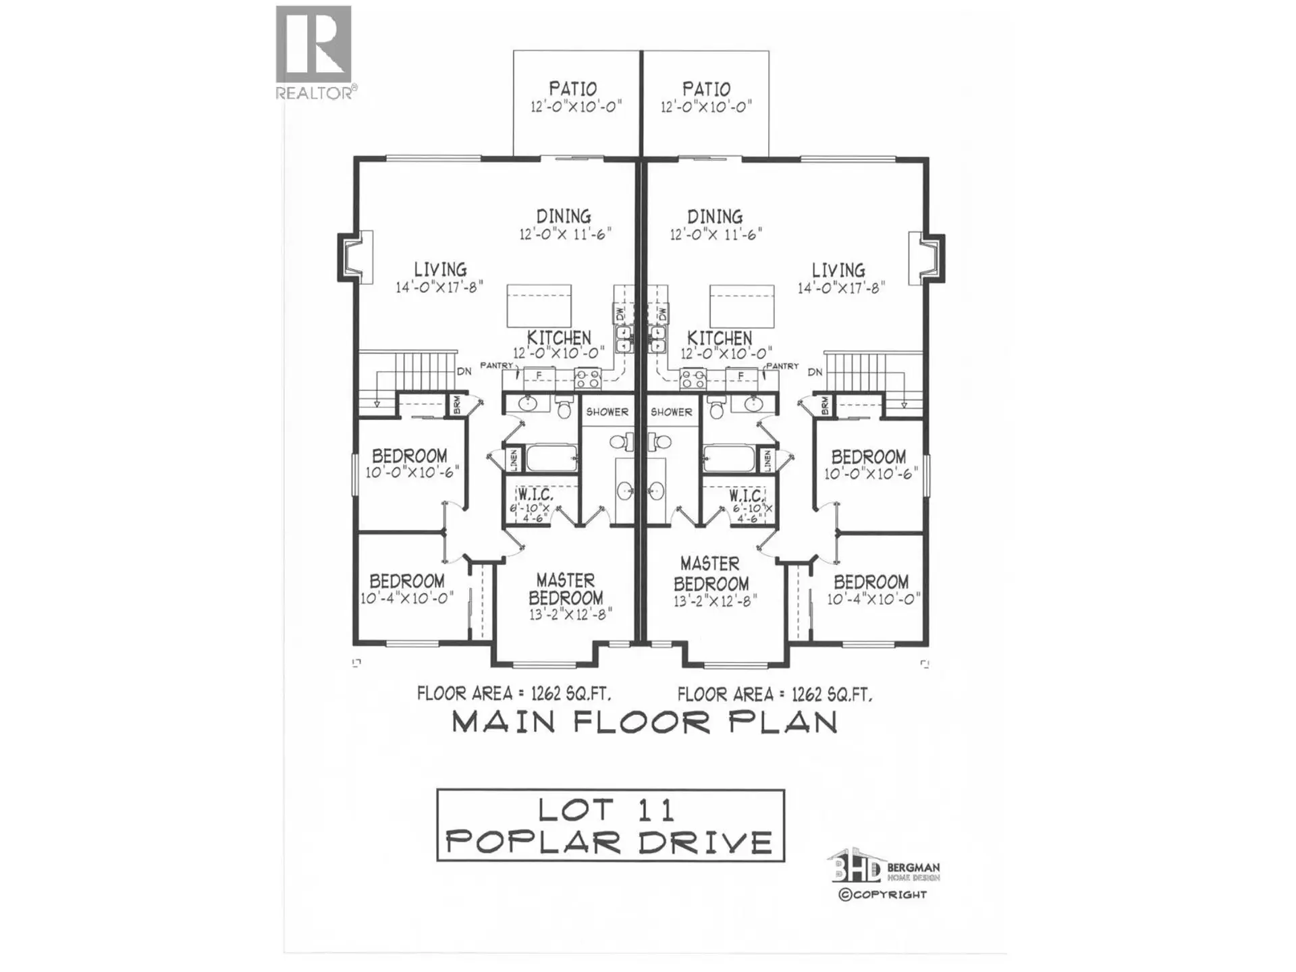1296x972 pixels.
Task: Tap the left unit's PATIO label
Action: click(572, 89)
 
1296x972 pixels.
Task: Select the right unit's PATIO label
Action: click(706, 89)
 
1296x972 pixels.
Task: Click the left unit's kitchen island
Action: click(539, 305)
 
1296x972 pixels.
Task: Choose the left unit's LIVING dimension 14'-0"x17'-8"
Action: click(439, 288)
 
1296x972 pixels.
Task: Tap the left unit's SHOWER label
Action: click(607, 412)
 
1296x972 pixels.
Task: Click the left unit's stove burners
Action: click(587, 378)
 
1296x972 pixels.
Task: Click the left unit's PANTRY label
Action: click(497, 365)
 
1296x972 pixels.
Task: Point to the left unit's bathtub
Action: click(551, 458)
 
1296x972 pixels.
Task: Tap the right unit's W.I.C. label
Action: click(747, 496)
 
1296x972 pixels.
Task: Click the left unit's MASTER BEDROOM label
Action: click(566, 589)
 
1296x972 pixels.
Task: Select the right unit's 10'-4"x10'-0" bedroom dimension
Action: click(874, 599)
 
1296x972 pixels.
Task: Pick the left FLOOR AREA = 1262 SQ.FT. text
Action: click(514, 693)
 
